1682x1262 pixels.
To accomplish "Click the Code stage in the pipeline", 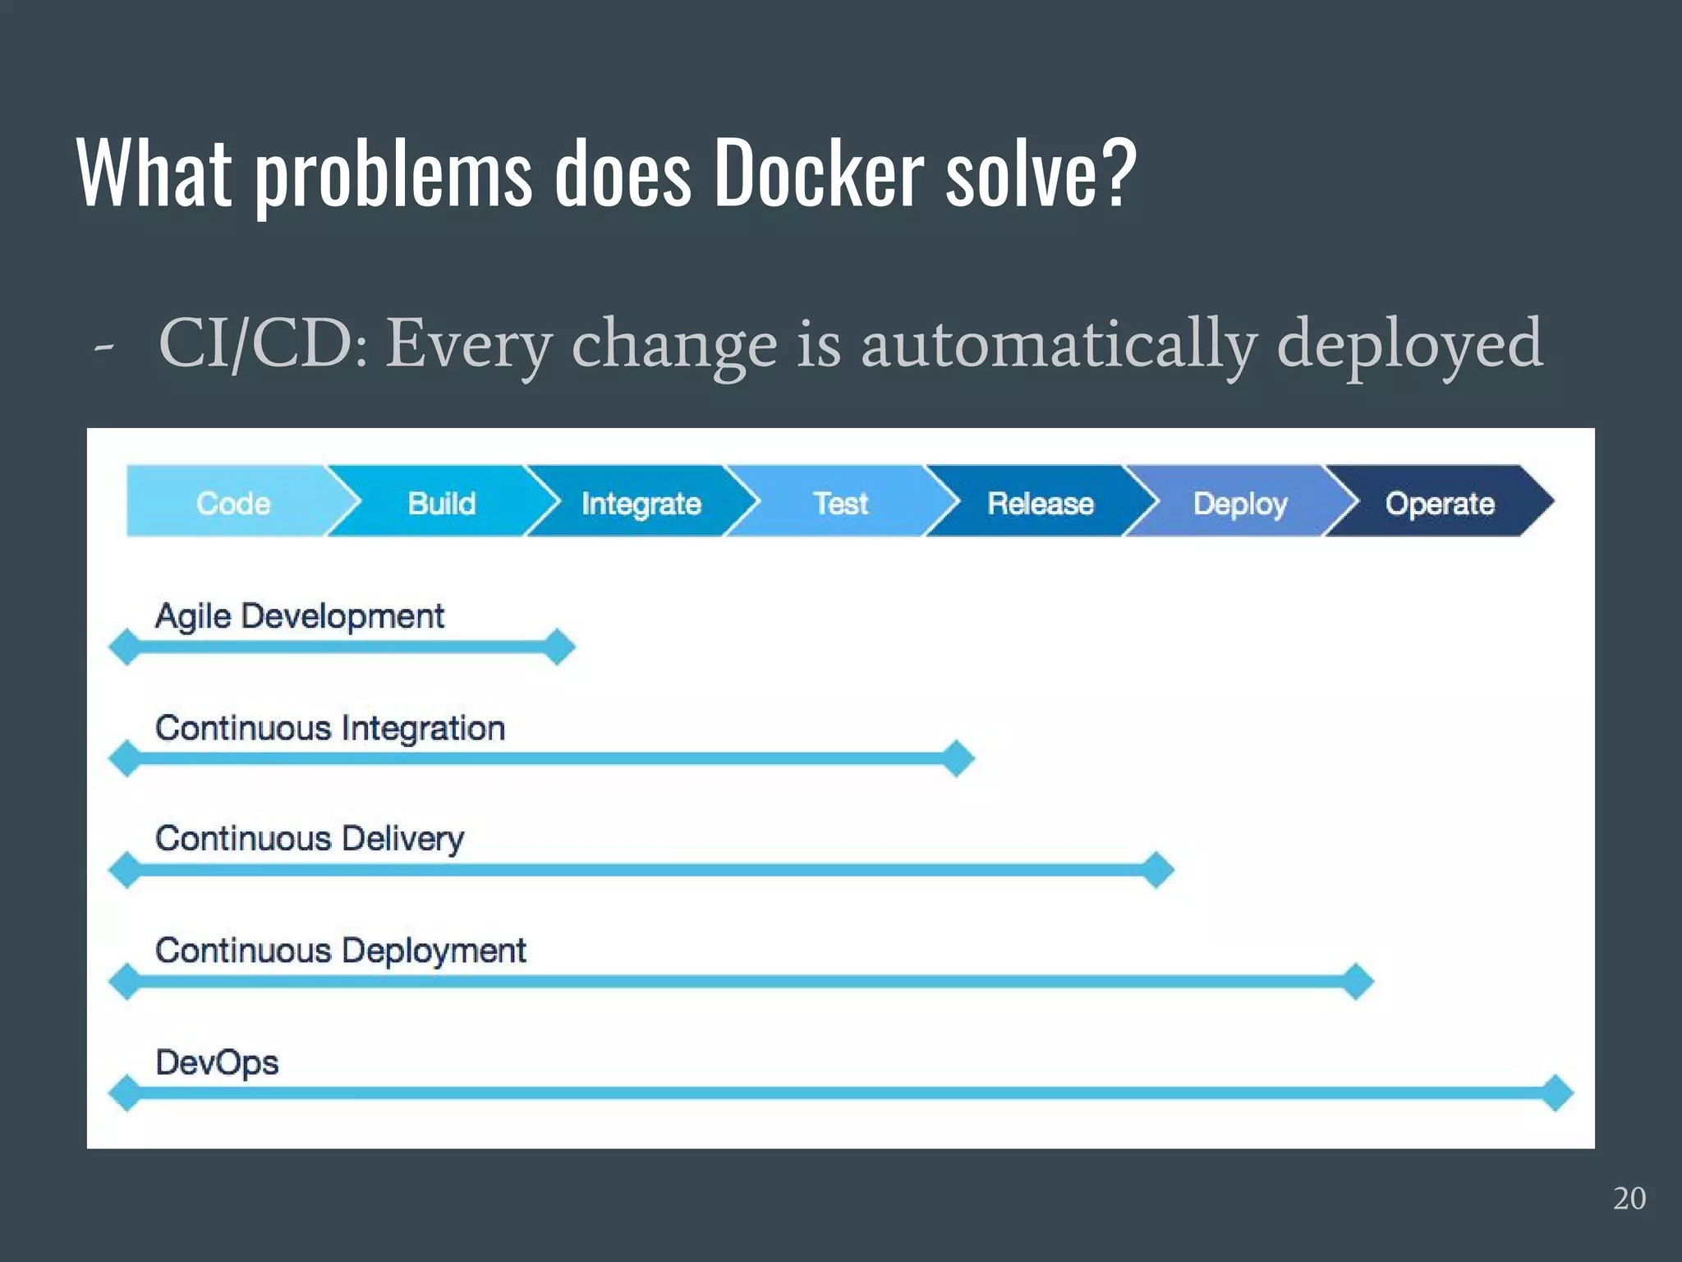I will click(x=233, y=502).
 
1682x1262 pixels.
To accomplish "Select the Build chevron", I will click(x=442, y=502).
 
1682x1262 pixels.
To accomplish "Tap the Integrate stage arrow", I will click(x=641, y=502).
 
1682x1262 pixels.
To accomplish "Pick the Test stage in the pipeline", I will click(x=840, y=502).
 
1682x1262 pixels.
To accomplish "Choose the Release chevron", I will click(x=1040, y=502).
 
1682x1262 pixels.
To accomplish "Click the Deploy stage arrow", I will click(x=1239, y=502).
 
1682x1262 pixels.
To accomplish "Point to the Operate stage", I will click(x=1439, y=502).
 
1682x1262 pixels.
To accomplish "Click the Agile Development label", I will click(x=300, y=616).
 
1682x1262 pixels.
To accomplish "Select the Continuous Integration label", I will click(x=330, y=728).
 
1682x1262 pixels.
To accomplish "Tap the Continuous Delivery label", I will click(x=310, y=839).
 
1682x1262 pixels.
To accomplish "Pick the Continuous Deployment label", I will click(x=341, y=951).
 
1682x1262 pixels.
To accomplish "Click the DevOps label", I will click(x=218, y=1062).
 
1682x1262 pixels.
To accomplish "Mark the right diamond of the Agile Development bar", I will click(x=558, y=647).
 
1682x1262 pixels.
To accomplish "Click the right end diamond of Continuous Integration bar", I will click(x=958, y=758).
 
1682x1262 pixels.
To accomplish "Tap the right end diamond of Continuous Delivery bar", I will click(x=1157, y=869).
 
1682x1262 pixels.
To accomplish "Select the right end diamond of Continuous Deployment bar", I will click(x=1357, y=981).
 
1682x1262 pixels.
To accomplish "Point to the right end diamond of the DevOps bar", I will click(x=1556, y=1093).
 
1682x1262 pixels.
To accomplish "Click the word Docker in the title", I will click(x=818, y=173).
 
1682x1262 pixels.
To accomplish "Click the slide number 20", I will click(x=1629, y=1198).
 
